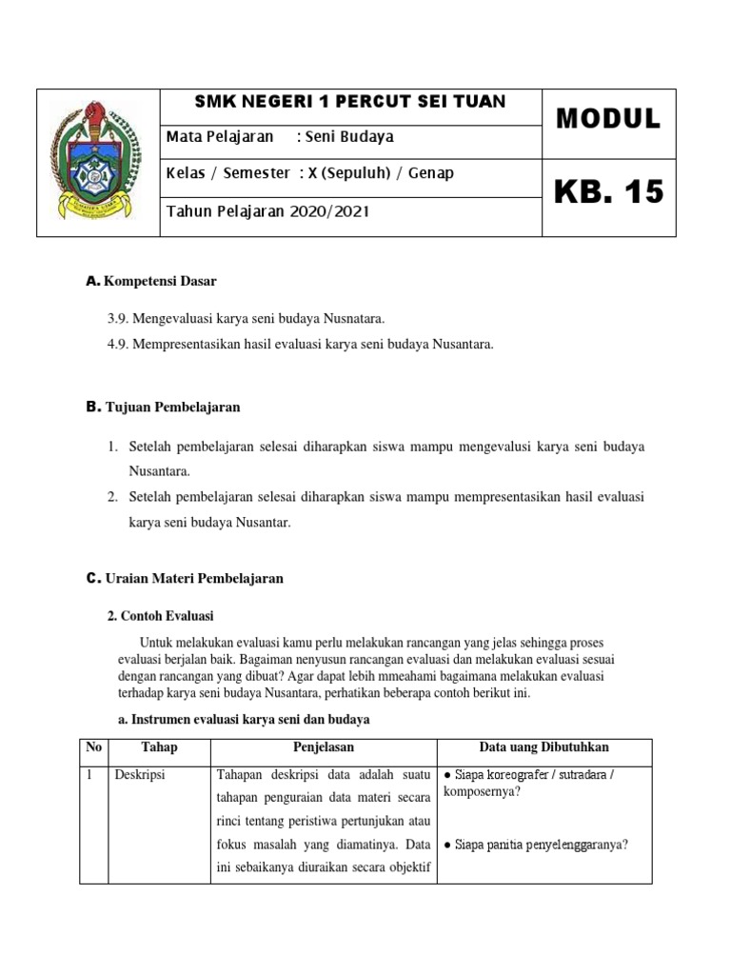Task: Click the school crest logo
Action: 98,162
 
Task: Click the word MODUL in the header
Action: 608,119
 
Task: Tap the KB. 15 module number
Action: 608,192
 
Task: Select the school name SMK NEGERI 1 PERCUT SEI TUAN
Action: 350,101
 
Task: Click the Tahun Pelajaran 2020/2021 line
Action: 267,210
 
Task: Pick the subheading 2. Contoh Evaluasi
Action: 161,616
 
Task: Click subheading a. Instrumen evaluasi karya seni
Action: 238,719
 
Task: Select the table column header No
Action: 93,747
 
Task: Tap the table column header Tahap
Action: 159,747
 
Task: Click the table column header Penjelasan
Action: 323,747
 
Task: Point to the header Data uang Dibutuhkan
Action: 543,747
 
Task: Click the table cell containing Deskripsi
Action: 140,775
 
